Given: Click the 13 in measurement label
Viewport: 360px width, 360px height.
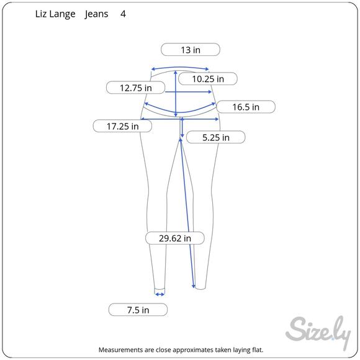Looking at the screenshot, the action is pyautogui.click(x=191, y=50).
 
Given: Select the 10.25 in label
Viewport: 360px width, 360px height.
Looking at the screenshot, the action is pyautogui.click(x=208, y=79).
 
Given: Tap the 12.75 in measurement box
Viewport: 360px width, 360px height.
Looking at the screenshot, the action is pyautogui.click(x=135, y=88).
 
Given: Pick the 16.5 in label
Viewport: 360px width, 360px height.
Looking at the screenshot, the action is pyautogui.click(x=246, y=107).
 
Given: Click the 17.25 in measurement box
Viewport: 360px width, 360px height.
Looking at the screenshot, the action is pyautogui.click(x=122, y=126).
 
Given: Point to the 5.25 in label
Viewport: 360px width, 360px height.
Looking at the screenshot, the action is pyautogui.click(x=216, y=137).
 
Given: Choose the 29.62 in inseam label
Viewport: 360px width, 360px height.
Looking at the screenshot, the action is pyautogui.click(x=174, y=238).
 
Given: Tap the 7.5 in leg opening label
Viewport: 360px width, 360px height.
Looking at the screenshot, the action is pyautogui.click(x=138, y=310).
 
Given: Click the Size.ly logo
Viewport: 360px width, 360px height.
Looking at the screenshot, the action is pyautogui.click(x=318, y=332).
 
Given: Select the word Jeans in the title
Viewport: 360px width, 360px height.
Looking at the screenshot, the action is pyautogui.click(x=96, y=14).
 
